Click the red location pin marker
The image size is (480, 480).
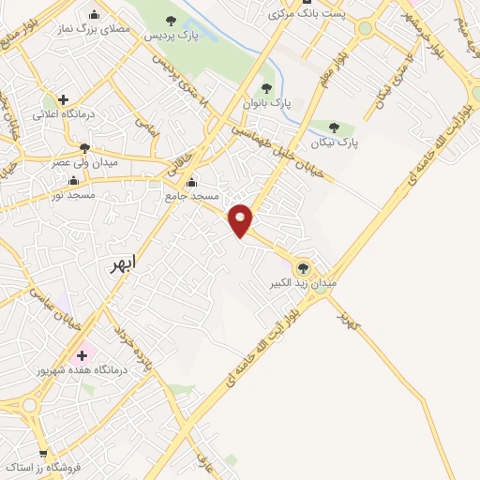pyautogui.click(x=241, y=219)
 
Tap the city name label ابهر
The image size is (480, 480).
pyautogui.click(x=122, y=264)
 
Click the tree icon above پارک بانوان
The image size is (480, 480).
pyautogui.click(x=266, y=88)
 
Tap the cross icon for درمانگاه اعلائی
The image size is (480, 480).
pyautogui.click(x=62, y=99)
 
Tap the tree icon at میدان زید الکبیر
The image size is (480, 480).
pyautogui.click(x=302, y=268)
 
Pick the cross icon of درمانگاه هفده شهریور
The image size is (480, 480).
pyautogui.click(x=82, y=355)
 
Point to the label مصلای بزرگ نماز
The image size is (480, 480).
pyautogui.click(x=94, y=30)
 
